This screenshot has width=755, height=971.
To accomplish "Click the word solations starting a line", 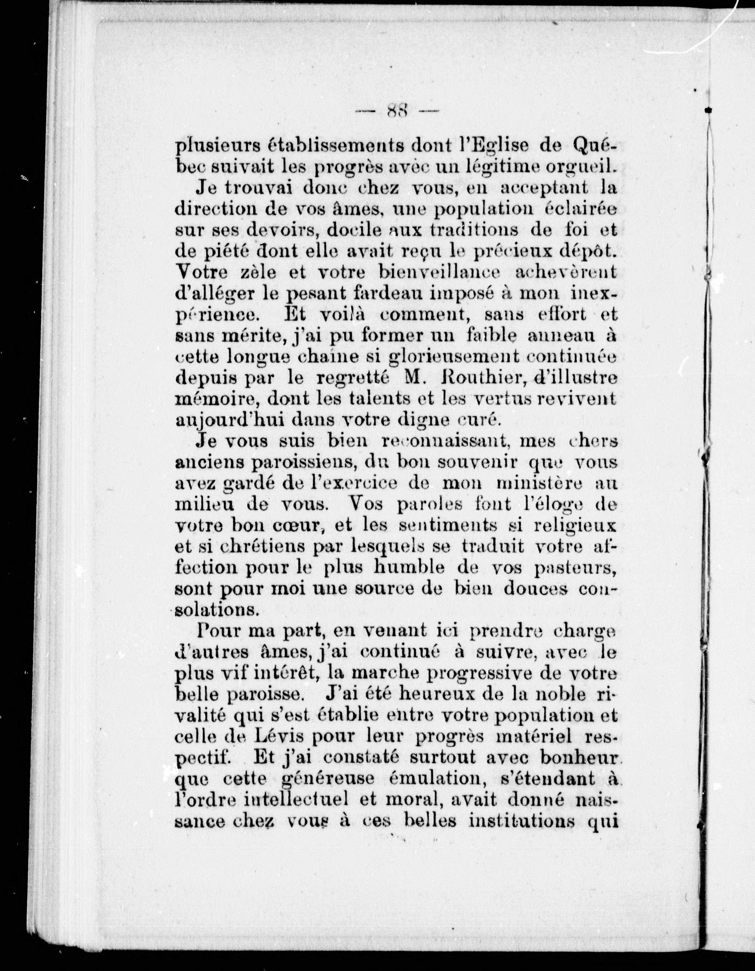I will pos(217,610).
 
